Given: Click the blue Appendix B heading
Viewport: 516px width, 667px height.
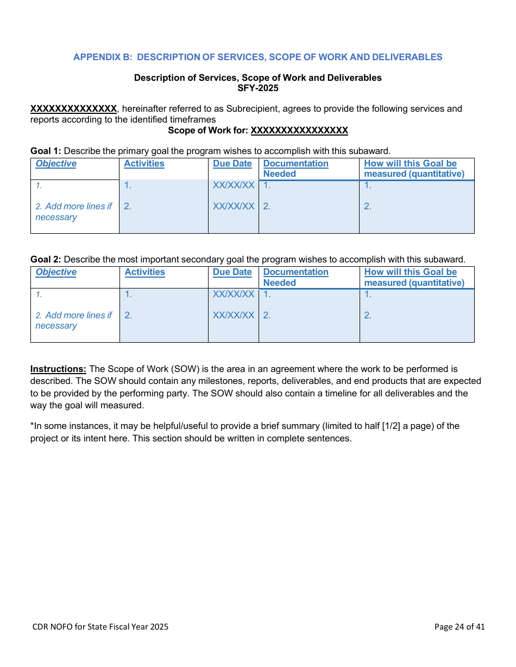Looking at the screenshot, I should point(257,57).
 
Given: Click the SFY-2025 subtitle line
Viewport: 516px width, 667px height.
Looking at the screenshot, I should point(257,88).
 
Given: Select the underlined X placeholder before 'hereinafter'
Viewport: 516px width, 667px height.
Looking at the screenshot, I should point(73,109).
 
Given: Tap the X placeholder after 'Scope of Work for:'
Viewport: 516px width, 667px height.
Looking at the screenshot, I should point(299,131).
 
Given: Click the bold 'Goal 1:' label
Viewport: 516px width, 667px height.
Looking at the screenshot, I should point(46,151).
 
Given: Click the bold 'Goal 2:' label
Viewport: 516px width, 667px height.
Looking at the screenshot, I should point(46,259).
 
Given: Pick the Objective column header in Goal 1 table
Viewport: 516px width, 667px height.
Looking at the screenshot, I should point(56,164).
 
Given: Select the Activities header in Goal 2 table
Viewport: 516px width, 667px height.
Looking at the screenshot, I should point(144,272).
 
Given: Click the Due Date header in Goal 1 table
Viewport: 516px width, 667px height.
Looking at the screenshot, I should point(232,164).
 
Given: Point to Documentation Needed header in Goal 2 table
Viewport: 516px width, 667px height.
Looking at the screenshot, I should point(295,277).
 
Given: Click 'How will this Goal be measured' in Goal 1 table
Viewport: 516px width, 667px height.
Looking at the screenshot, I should point(414,169).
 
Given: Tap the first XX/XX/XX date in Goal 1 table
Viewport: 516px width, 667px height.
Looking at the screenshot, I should point(234,185).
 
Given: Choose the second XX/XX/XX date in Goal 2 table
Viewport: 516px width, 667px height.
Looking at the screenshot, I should point(234,315).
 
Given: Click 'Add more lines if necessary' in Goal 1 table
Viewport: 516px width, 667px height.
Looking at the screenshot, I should point(73,211).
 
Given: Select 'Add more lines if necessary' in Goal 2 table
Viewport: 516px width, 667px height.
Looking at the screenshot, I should point(73,320).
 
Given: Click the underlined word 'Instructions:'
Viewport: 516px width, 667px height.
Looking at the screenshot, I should point(58,369).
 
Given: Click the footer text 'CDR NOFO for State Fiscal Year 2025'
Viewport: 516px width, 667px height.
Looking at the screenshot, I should point(100,627).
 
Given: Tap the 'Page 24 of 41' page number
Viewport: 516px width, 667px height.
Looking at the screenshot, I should point(460,627).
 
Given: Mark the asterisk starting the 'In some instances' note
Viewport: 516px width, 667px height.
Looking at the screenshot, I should point(32,425).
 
